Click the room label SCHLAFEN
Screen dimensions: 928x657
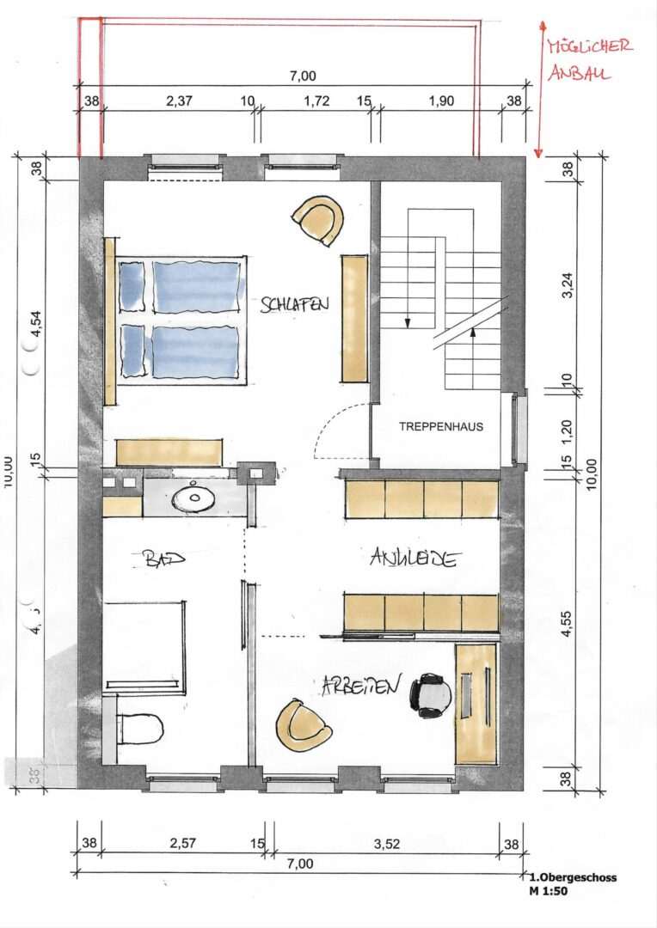(296, 305)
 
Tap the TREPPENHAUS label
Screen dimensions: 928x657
(441, 426)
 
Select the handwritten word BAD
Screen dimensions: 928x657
(159, 559)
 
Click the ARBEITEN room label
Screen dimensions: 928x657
(361, 685)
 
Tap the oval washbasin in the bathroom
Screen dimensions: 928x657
(194, 497)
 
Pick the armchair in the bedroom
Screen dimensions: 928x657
(318, 219)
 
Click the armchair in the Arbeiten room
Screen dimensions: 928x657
(303, 726)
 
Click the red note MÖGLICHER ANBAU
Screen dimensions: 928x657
(590, 59)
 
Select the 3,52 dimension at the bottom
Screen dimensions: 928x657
(388, 844)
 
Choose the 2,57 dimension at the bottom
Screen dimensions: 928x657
(183, 844)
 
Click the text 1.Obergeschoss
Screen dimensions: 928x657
(574, 877)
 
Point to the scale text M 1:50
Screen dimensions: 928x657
(549, 891)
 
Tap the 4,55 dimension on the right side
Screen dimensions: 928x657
(567, 632)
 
